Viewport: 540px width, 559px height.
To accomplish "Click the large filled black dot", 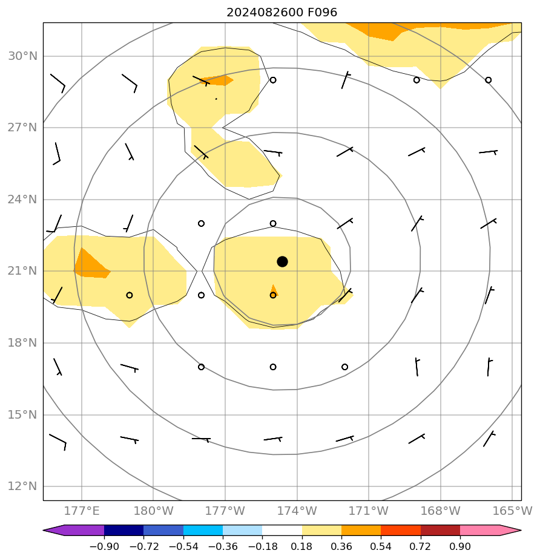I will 282,261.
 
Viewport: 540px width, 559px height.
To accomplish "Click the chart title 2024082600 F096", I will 282,12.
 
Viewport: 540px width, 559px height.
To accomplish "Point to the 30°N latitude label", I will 23,56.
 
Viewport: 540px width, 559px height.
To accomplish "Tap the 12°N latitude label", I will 23,486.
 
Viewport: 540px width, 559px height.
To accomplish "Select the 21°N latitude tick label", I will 23,271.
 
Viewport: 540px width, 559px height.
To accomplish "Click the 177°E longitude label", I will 81,511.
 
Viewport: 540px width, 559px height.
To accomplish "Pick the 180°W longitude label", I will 153,511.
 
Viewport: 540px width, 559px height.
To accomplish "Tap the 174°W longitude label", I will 297,511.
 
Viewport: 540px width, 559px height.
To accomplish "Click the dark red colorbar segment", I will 440,531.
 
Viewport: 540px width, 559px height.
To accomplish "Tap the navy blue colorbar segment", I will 124,531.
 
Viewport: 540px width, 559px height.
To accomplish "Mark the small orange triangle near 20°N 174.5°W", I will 274,290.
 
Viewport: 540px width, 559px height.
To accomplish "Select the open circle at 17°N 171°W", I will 344,367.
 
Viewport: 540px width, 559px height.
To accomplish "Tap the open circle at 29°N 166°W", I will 488,80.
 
